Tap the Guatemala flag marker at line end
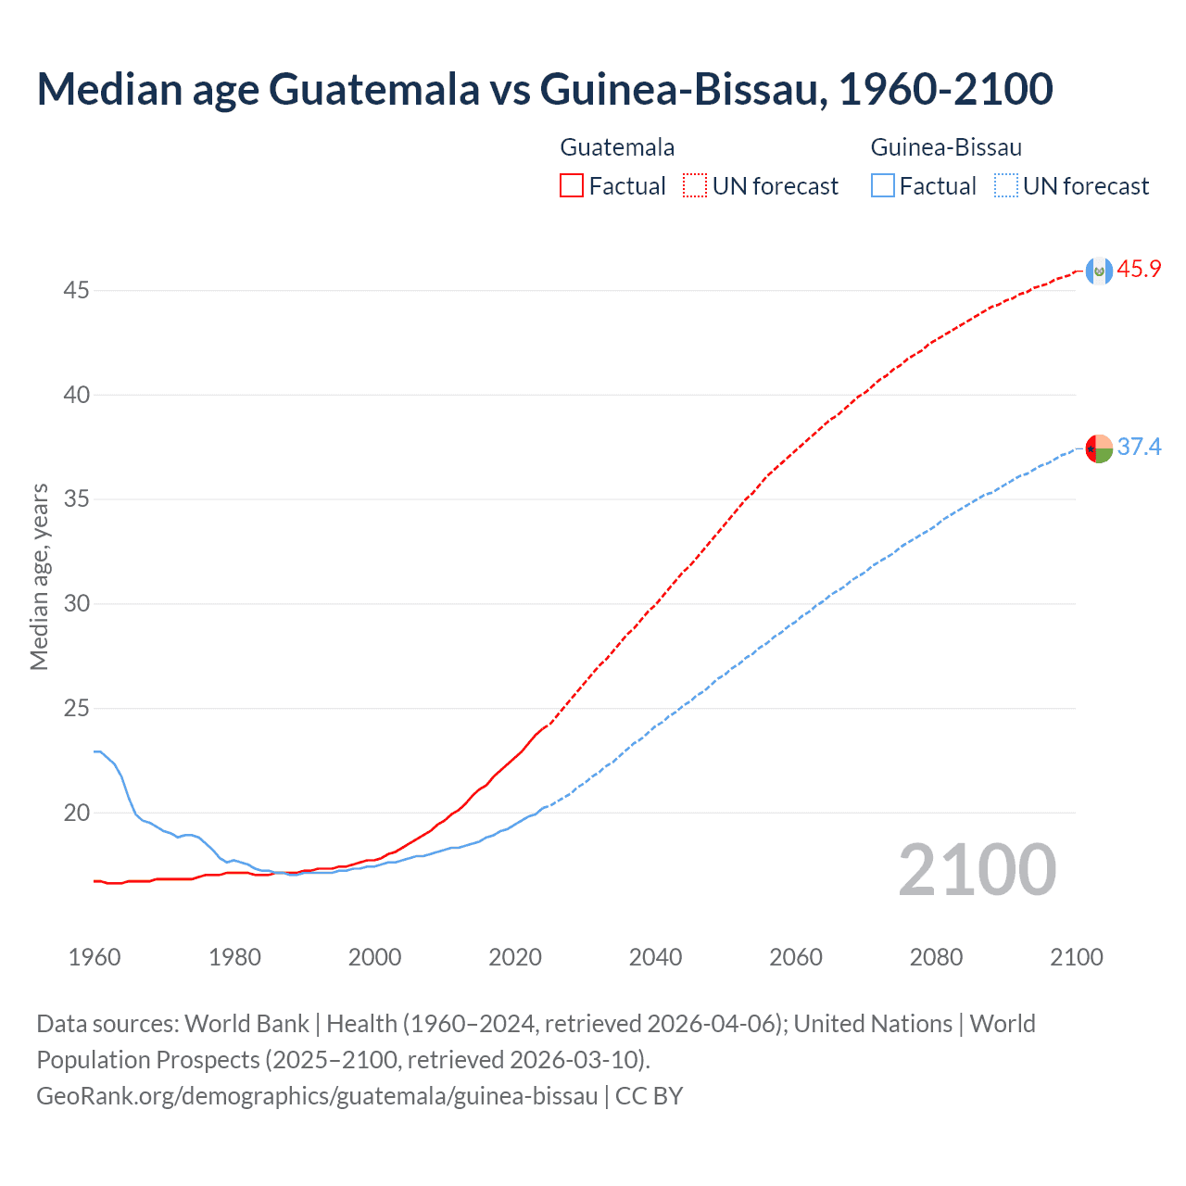point(1099,271)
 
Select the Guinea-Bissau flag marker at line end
point(1099,448)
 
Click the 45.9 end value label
point(1139,270)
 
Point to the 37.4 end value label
point(1139,448)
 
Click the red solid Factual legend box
point(572,186)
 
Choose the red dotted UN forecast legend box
point(695,186)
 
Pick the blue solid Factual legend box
point(883,186)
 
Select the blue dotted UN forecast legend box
point(1006,186)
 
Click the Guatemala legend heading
point(617,147)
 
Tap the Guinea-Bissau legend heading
point(946,147)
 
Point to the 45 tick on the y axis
point(76,291)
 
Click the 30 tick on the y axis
point(76,604)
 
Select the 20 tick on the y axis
point(76,814)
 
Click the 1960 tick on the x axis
point(95,957)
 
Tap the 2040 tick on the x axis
point(655,957)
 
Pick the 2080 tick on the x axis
point(936,957)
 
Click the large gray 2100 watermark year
point(977,870)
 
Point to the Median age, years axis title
point(39,576)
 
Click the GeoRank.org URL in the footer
point(317,1096)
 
